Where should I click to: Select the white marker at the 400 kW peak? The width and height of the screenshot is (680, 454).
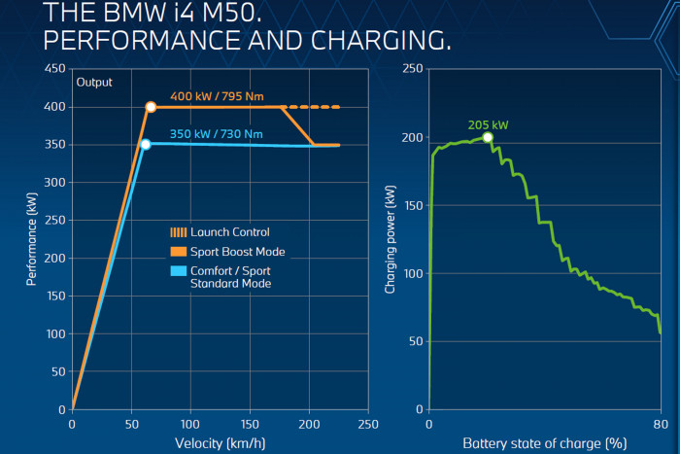pyautogui.click(x=151, y=107)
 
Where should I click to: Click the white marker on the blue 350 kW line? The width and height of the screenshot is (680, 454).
pyautogui.click(x=146, y=145)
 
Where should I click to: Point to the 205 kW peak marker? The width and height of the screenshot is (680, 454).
pyautogui.click(x=488, y=137)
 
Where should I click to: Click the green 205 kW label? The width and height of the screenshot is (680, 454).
pyautogui.click(x=488, y=124)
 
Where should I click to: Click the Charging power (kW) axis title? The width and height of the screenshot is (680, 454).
pyautogui.click(x=391, y=242)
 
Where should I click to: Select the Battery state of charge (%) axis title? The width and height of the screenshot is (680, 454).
pyautogui.click(x=544, y=444)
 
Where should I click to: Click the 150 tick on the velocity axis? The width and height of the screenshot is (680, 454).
pyautogui.click(x=250, y=425)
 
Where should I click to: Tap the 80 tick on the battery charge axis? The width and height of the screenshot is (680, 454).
pyautogui.click(x=660, y=425)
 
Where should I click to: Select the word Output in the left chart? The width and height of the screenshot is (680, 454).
pyautogui.click(x=94, y=82)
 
